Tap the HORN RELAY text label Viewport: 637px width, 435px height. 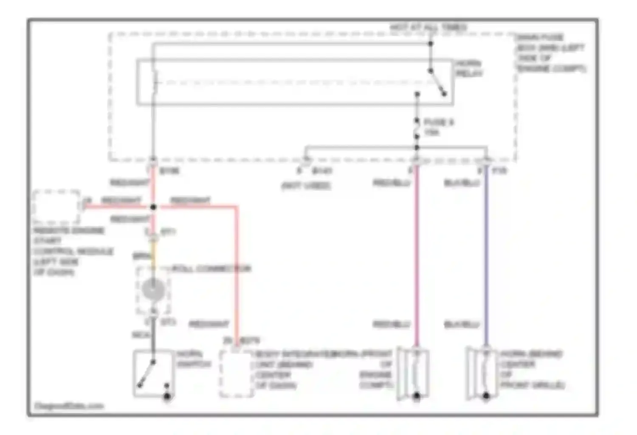469,68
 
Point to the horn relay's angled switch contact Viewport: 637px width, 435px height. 437,82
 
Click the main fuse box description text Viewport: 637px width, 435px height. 550,53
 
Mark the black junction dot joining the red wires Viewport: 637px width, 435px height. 153,207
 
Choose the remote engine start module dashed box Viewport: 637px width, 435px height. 56,207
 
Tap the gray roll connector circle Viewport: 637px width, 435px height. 153,290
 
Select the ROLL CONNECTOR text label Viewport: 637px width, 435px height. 211,268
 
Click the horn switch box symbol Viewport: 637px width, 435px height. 153,373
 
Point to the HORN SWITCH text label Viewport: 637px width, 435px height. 193,359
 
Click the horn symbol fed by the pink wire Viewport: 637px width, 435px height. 414,373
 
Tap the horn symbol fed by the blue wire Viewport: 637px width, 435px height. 483,373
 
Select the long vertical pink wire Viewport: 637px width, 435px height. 417,255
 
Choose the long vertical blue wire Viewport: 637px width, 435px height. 486,255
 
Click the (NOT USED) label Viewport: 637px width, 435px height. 306,186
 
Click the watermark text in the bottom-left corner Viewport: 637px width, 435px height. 69,406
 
